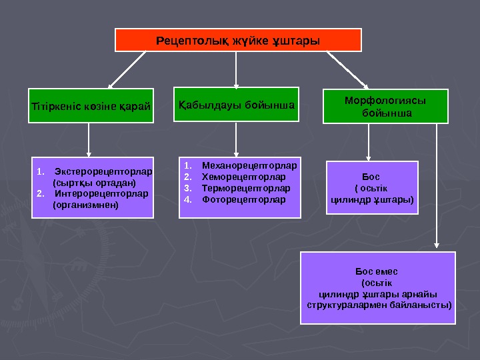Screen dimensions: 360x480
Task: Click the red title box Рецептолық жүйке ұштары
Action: (x=238, y=40)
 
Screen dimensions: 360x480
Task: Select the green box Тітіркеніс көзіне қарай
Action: (x=91, y=106)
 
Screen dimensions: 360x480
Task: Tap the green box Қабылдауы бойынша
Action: (x=237, y=105)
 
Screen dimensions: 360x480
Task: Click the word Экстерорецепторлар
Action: (x=103, y=171)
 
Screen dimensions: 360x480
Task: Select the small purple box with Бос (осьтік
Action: (x=372, y=187)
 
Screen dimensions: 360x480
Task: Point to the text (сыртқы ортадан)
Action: (x=93, y=182)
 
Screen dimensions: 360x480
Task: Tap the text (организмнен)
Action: (x=85, y=205)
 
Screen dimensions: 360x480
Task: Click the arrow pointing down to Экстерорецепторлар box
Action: (x=89, y=140)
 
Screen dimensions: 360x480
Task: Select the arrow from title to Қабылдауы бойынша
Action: (x=236, y=69)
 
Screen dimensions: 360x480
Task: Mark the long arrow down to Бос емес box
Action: (x=436, y=187)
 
